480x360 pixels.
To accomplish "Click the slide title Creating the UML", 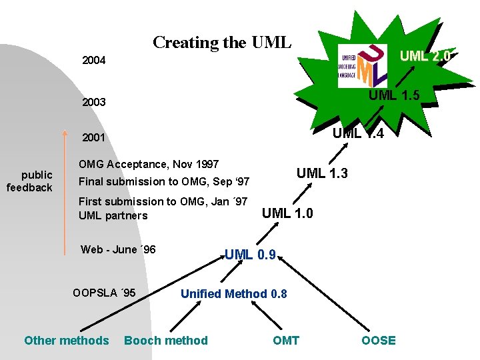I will pyautogui.click(x=222, y=43).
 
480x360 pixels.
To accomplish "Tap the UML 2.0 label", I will pyautogui.click(x=425, y=57).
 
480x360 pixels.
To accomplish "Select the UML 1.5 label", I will pyautogui.click(x=394, y=95).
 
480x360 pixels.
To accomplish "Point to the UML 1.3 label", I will pyautogui.click(x=322, y=174).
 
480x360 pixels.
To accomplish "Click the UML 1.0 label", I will pyautogui.click(x=287, y=214).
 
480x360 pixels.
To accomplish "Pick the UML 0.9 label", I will pyautogui.click(x=250, y=254).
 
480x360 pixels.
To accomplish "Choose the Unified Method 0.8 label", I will pyautogui.click(x=234, y=294).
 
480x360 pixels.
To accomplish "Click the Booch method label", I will pyautogui.click(x=166, y=341).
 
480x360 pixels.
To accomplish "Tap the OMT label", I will pyautogui.click(x=286, y=341).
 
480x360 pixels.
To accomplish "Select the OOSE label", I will pyautogui.click(x=379, y=341).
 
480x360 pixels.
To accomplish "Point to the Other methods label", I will pyautogui.click(x=66, y=341).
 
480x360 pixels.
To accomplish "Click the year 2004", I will pyautogui.click(x=93, y=61).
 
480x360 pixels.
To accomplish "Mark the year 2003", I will pyautogui.click(x=93, y=103).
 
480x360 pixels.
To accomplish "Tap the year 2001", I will pyautogui.click(x=93, y=139).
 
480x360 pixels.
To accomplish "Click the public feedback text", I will pyautogui.click(x=29, y=181).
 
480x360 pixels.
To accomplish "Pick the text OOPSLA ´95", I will pyautogui.click(x=104, y=293).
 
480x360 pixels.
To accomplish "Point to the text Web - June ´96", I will pyautogui.click(x=118, y=250).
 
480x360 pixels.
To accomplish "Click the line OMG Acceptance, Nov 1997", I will pyautogui.click(x=149, y=164).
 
